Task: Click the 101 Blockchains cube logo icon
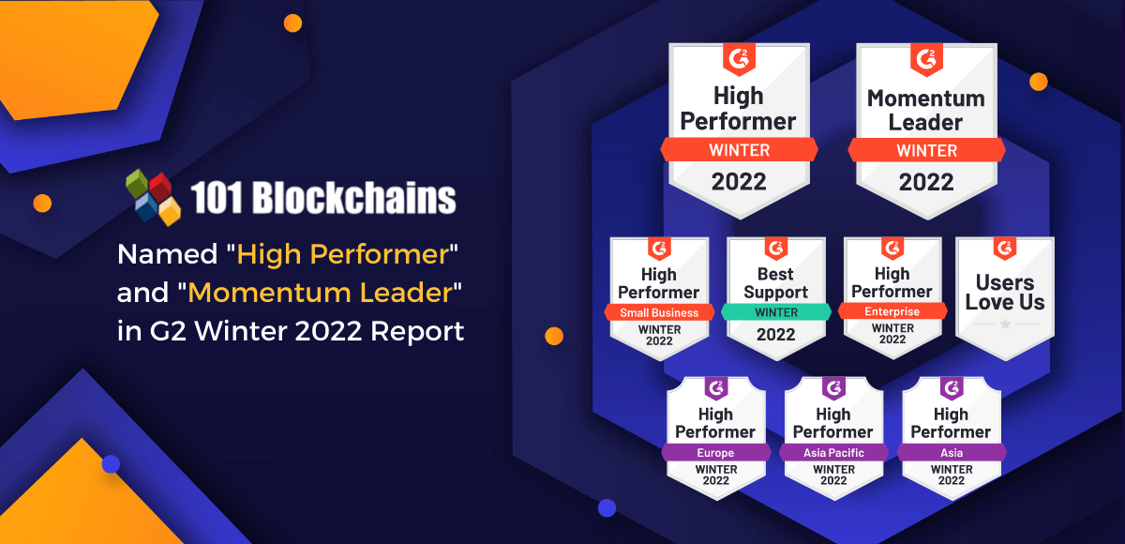pos(153,197)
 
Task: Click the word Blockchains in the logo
pos(354,198)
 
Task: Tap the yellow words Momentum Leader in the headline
pos(320,293)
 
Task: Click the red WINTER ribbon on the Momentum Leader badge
pos(926,150)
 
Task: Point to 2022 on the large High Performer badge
pos(739,181)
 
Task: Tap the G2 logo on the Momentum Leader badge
pos(926,60)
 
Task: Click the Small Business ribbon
pos(659,312)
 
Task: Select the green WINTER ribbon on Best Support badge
pos(776,312)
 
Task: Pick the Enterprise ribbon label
pos(892,311)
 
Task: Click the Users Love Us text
pos(1005,293)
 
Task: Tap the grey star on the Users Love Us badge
pos(1005,324)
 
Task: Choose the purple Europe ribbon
pos(715,453)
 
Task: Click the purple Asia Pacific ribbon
pos(833,453)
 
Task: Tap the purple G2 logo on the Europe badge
pos(716,387)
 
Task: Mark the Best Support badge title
pos(776,283)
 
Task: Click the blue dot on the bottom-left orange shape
pos(111,464)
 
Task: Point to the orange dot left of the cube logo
pos(42,203)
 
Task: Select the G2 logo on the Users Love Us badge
pos(1005,249)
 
